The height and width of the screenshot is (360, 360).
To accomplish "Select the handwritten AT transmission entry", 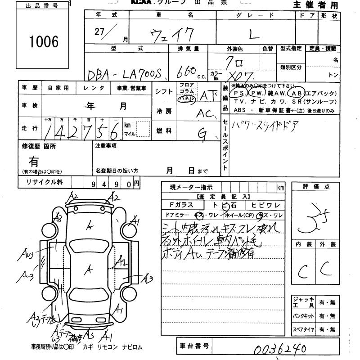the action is (x=208, y=96).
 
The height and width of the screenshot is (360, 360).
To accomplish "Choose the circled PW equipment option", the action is (x=258, y=93).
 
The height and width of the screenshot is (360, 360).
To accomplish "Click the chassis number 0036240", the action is (x=279, y=349).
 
